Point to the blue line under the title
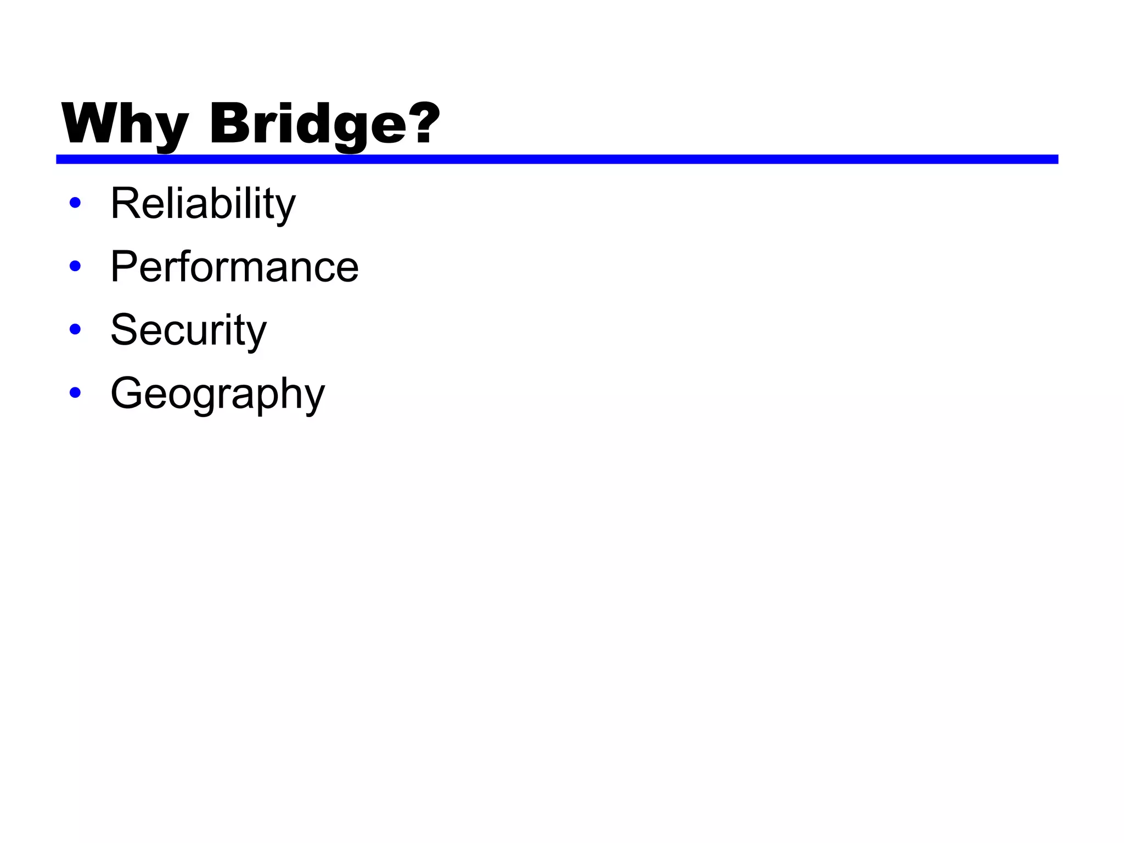(x=557, y=159)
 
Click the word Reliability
(x=203, y=204)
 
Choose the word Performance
(x=234, y=267)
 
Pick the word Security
(x=188, y=330)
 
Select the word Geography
(x=217, y=394)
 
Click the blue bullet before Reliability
(x=75, y=203)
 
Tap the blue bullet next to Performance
(x=75, y=266)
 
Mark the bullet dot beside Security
(x=75, y=329)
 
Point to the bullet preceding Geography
(x=75, y=393)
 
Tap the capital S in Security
(x=124, y=330)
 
